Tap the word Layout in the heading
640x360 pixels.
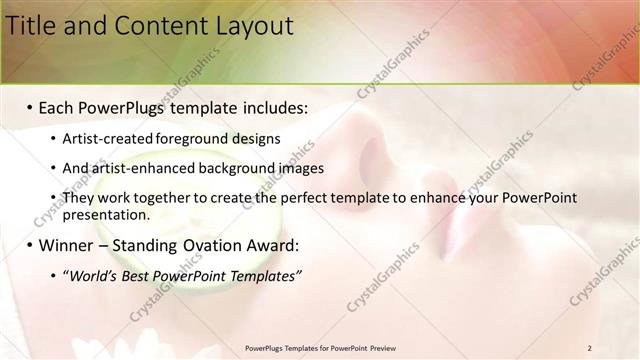pos(250,26)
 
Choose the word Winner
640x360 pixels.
pos(67,245)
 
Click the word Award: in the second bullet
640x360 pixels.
pos(272,245)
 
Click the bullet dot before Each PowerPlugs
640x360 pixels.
pos(30,107)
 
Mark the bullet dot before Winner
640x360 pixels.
pos(30,245)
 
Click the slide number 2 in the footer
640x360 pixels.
pos(590,348)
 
